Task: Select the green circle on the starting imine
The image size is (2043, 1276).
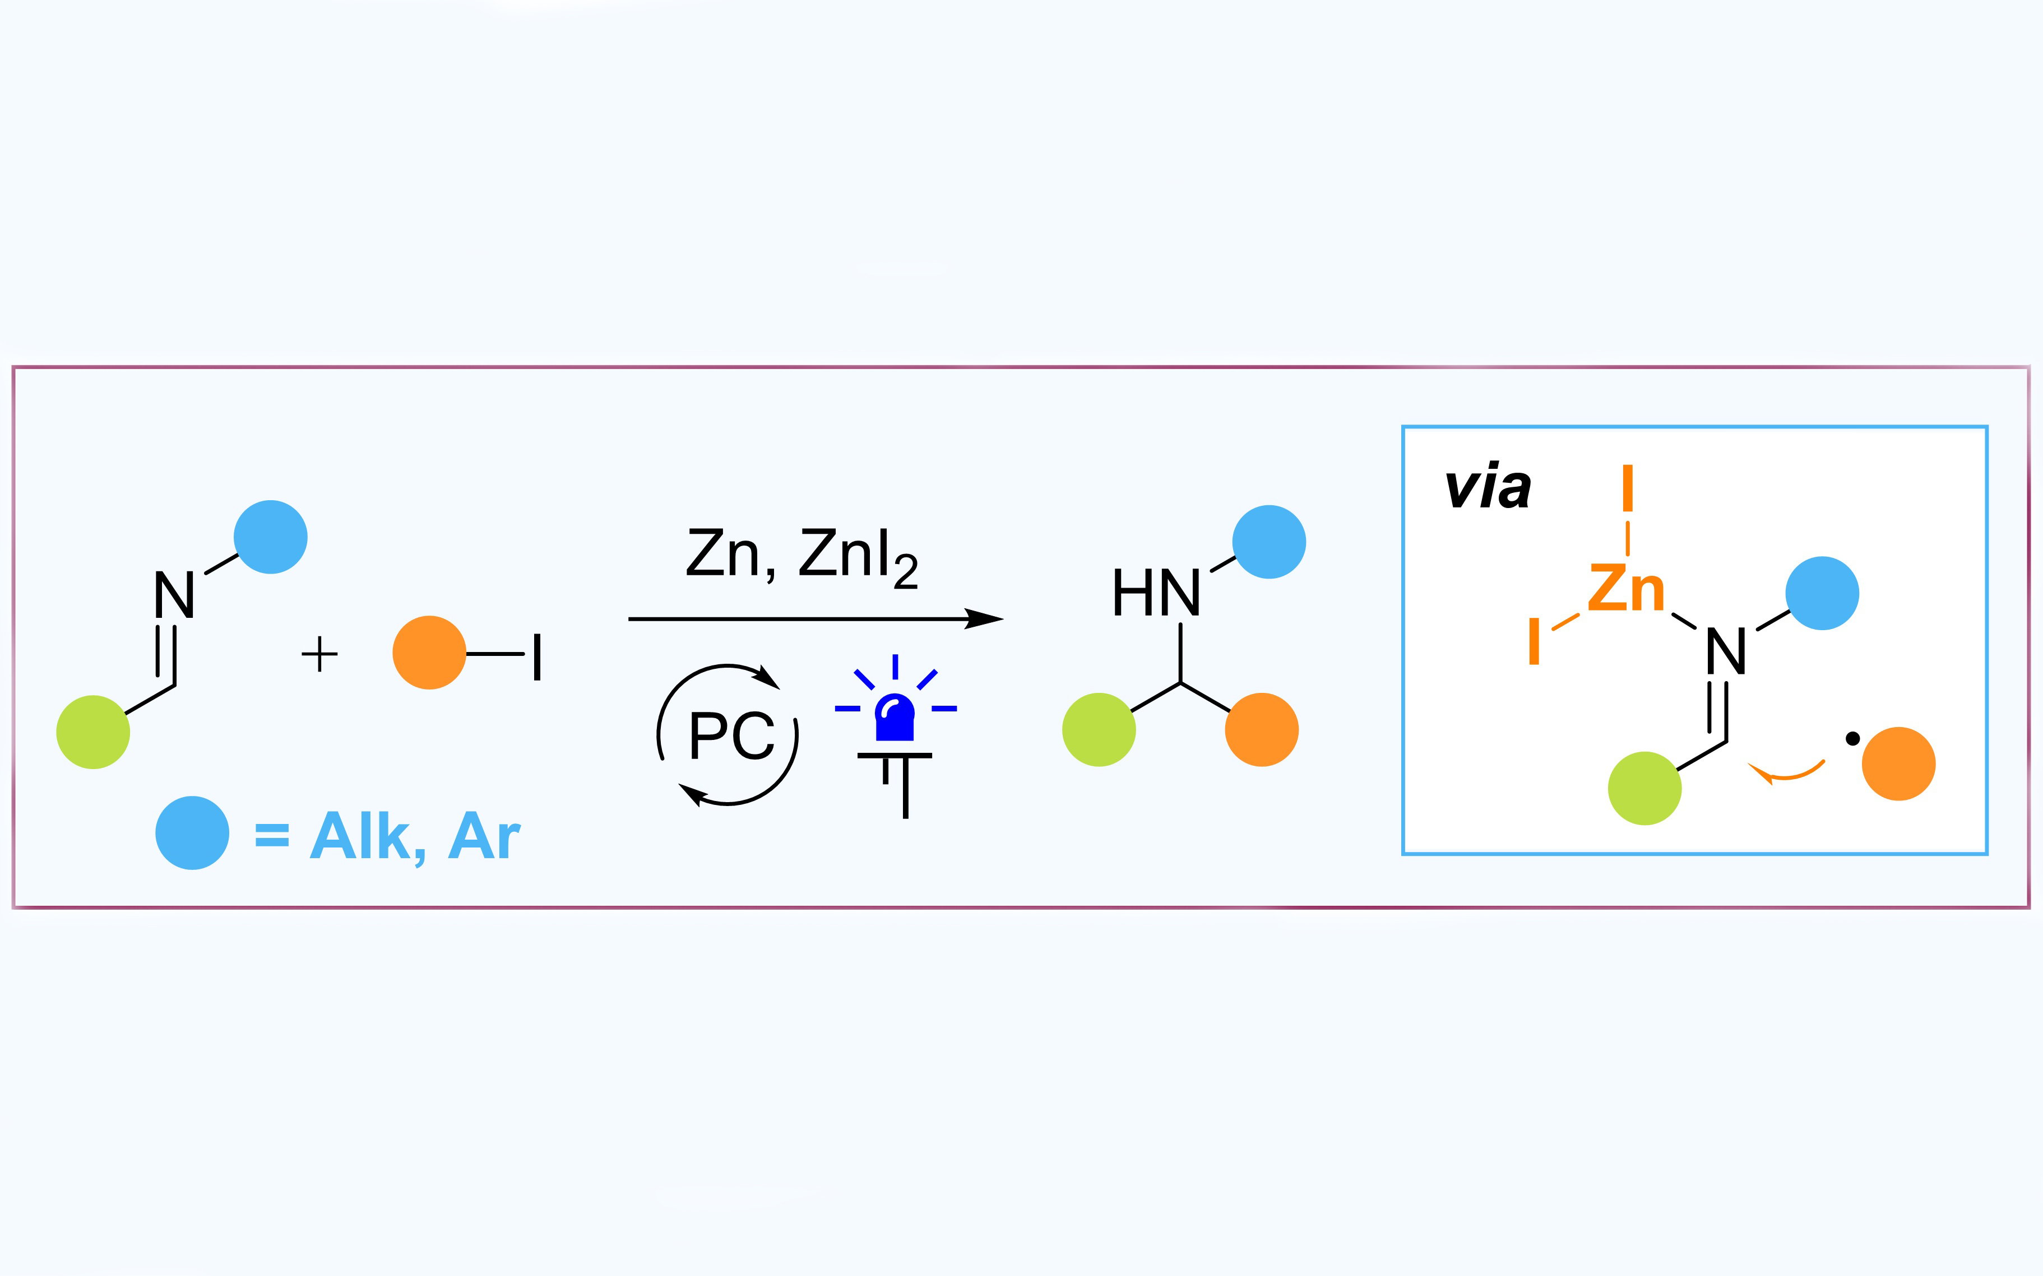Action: [x=93, y=732]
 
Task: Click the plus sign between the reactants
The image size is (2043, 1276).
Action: [x=319, y=654]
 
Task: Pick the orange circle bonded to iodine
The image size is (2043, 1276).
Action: [x=429, y=653]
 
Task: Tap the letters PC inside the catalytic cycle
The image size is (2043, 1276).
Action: [x=731, y=735]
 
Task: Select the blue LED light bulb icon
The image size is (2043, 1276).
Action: [x=895, y=718]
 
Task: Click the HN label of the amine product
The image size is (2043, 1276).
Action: [x=1156, y=593]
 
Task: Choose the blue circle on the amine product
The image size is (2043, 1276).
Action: [x=1269, y=542]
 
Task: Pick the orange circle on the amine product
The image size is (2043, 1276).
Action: [x=1261, y=729]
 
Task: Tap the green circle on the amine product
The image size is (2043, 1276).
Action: [x=1099, y=729]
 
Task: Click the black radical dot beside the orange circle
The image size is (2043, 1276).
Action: [x=1852, y=739]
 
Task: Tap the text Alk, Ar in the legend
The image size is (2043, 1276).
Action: [x=415, y=836]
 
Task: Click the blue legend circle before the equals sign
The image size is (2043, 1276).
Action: [x=192, y=833]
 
